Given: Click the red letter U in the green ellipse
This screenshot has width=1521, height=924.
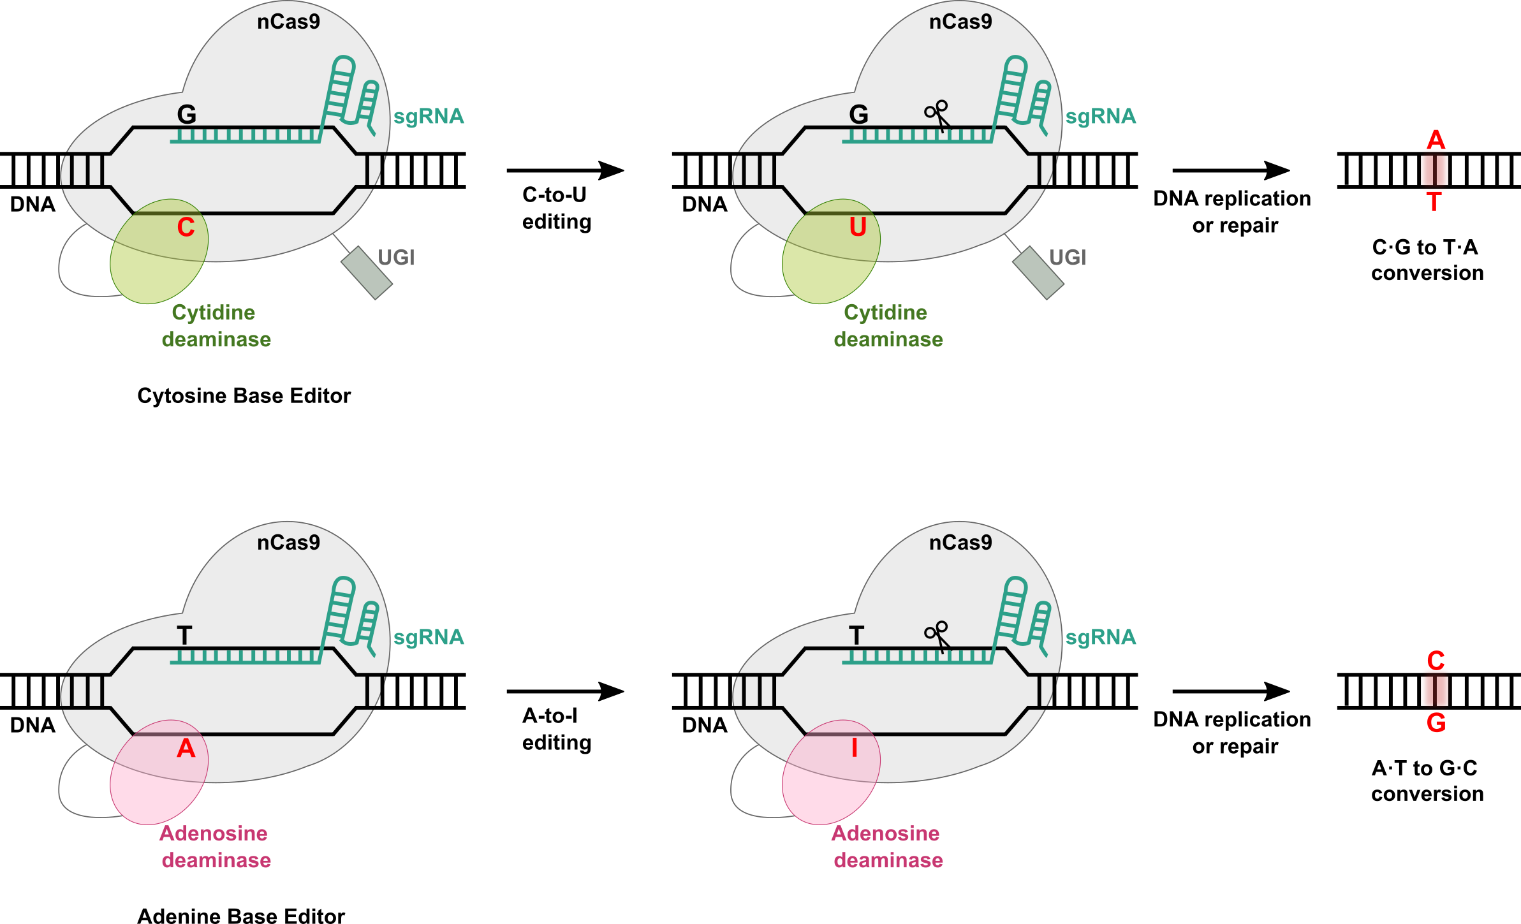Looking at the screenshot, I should pyautogui.click(x=858, y=228).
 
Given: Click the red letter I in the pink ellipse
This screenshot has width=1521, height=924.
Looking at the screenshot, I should pyautogui.click(x=855, y=748).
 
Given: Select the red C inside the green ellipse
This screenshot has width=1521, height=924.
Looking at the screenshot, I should pyautogui.click(x=186, y=228).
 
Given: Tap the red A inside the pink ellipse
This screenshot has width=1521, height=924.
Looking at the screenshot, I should pyautogui.click(x=186, y=749).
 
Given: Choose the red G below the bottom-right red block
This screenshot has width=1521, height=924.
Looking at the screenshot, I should pyautogui.click(x=1436, y=723).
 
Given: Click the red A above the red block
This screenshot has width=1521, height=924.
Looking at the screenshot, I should pyautogui.click(x=1436, y=140).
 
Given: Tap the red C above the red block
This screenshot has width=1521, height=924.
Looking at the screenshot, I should pyautogui.click(x=1436, y=661).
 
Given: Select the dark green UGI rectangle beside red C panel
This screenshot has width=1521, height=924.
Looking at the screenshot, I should pyautogui.click(x=366, y=272).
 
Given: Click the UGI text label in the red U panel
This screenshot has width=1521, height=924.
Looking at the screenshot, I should pyautogui.click(x=1068, y=258).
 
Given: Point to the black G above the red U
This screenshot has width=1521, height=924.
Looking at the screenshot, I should pyautogui.click(x=858, y=115).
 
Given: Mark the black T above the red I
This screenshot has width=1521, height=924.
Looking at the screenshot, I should pyautogui.click(x=856, y=636).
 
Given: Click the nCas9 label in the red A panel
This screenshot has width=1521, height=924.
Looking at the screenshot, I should pyautogui.click(x=288, y=543).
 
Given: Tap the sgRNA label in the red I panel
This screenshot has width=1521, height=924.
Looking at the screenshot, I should pyautogui.click(x=1101, y=637).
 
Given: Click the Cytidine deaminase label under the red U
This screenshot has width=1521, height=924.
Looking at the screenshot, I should pyautogui.click(x=888, y=326).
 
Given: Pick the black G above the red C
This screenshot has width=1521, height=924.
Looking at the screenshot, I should pyautogui.click(x=186, y=115).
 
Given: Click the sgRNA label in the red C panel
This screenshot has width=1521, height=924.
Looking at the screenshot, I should pyautogui.click(x=429, y=117).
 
